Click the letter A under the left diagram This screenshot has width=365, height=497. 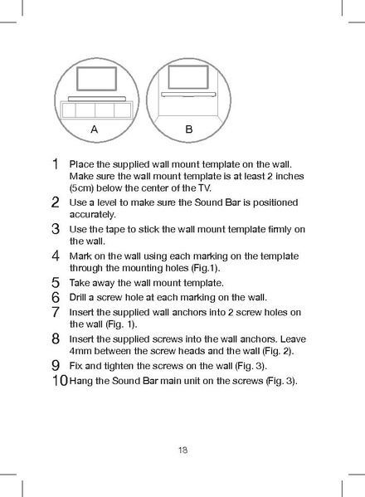[95, 130]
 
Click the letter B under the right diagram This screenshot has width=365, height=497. [189, 130]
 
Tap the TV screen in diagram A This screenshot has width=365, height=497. [98, 79]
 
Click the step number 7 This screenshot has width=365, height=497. [55, 312]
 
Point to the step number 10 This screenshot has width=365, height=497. [59, 381]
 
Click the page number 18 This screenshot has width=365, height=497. [182, 451]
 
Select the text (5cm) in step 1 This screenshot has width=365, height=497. [85, 188]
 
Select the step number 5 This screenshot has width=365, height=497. [55, 282]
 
